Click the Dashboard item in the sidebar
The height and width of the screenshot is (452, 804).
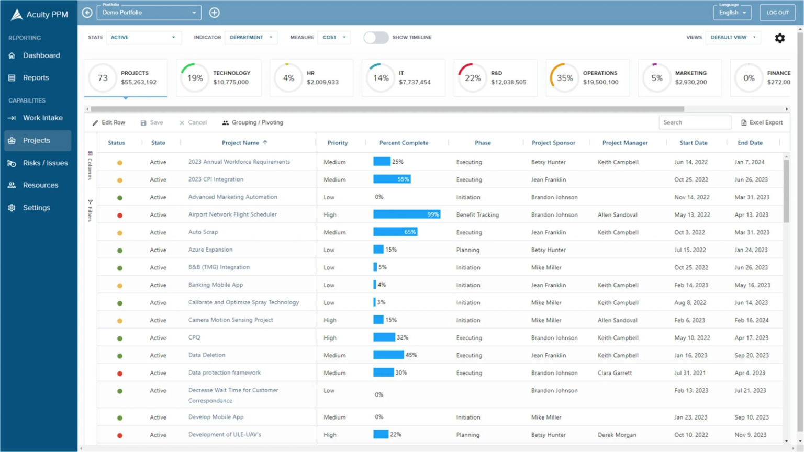[x=41, y=55]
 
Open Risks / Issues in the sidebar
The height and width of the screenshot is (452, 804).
[x=45, y=163]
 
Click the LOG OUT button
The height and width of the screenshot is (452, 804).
[x=777, y=13]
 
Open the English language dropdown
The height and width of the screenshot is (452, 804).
[x=732, y=13]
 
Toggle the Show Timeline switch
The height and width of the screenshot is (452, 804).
[x=376, y=38]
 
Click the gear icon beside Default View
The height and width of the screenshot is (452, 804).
[x=779, y=38]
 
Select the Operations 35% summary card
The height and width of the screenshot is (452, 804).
[x=587, y=78]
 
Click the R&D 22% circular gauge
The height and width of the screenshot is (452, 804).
[x=472, y=78]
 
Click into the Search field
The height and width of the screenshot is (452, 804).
[x=694, y=122]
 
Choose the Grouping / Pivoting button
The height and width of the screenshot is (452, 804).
[x=252, y=122]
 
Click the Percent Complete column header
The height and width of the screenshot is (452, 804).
[x=404, y=143]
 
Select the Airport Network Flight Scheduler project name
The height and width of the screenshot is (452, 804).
[x=232, y=214]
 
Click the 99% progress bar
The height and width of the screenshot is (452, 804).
[x=406, y=214]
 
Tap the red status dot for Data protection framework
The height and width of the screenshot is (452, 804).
[x=120, y=374]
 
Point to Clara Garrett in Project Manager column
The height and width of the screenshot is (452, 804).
[x=615, y=373]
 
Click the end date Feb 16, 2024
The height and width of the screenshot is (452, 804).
[x=751, y=320]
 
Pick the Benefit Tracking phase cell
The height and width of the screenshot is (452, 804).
[x=477, y=214]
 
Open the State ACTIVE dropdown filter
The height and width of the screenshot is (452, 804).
[x=143, y=38]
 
